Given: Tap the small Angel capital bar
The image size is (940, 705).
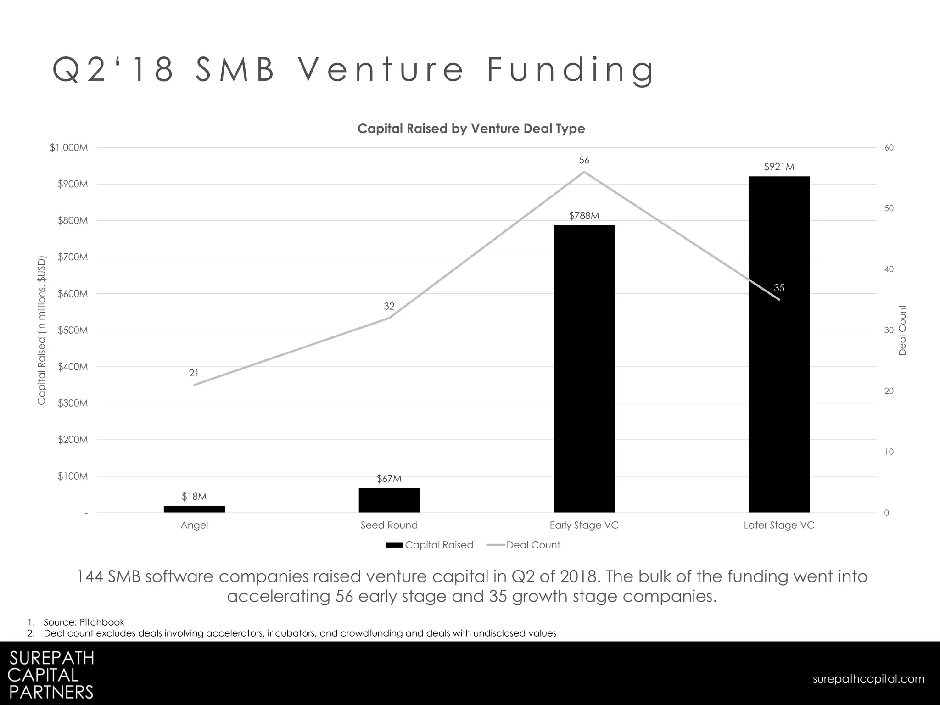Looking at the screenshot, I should pyautogui.click(x=194, y=509).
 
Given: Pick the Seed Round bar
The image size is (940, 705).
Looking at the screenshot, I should pyautogui.click(x=389, y=500).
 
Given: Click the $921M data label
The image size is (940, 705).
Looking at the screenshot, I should pyautogui.click(x=779, y=167).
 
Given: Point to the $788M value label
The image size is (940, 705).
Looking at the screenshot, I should pyautogui.click(x=584, y=216).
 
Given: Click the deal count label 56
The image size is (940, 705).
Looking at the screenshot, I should pyautogui.click(x=584, y=160).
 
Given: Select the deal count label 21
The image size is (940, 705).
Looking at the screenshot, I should pyautogui.click(x=194, y=373).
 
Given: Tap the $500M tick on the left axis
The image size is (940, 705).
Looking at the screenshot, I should pyautogui.click(x=73, y=330).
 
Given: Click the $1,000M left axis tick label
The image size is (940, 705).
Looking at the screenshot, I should pyautogui.click(x=69, y=148).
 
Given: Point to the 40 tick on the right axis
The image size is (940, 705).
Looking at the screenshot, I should pyautogui.click(x=889, y=269).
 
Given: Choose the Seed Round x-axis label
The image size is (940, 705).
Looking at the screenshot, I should pyautogui.click(x=389, y=525).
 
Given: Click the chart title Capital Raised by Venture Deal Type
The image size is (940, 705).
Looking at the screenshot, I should pyautogui.click(x=471, y=129).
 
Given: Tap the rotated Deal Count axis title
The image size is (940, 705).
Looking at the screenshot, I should pyautogui.click(x=902, y=330).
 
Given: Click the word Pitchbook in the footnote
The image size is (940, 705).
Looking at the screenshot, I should pyautogui.click(x=102, y=622).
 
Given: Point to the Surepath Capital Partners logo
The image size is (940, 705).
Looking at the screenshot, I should pyautogui.click(x=51, y=674).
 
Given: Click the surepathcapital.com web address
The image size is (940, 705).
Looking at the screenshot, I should pyautogui.click(x=868, y=679).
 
